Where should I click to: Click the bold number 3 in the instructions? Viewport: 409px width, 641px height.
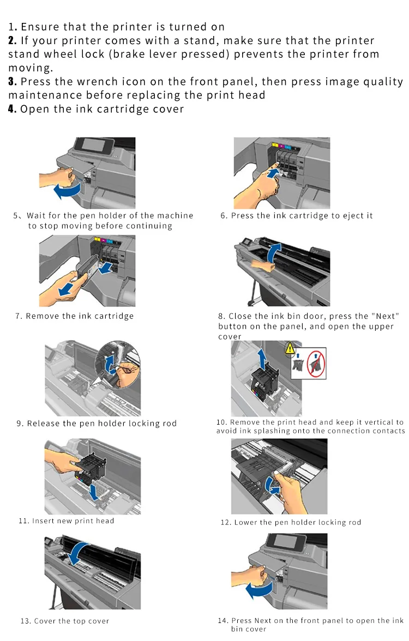pyautogui.click(x=11, y=81)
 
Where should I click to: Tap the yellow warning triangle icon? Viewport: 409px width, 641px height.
pyautogui.click(x=290, y=348)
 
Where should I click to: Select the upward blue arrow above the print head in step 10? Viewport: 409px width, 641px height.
pyautogui.click(x=262, y=359)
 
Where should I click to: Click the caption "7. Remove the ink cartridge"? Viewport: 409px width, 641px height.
pyautogui.click(x=74, y=316)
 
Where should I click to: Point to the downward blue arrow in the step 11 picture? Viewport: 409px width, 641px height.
pyautogui.click(x=94, y=492)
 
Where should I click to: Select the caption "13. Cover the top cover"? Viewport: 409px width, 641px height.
pyautogui.click(x=64, y=621)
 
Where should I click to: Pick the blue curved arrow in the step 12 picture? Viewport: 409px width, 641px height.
pyautogui.click(x=272, y=486)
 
